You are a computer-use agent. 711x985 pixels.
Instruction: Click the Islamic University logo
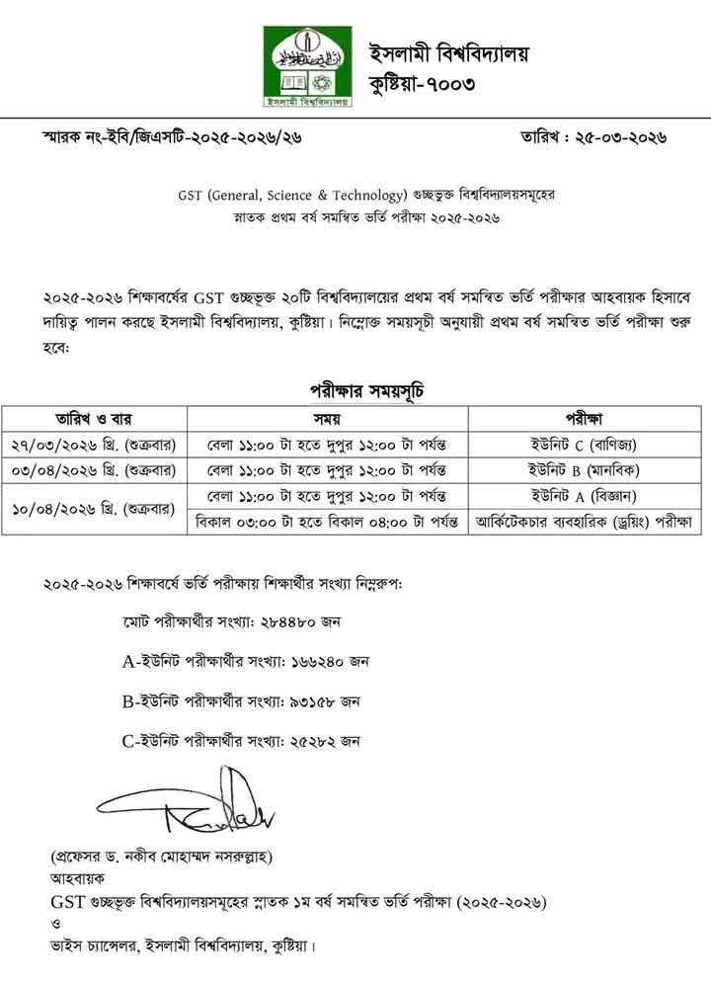(x=307, y=67)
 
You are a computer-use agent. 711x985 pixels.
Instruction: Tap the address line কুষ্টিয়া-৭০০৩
(x=422, y=83)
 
